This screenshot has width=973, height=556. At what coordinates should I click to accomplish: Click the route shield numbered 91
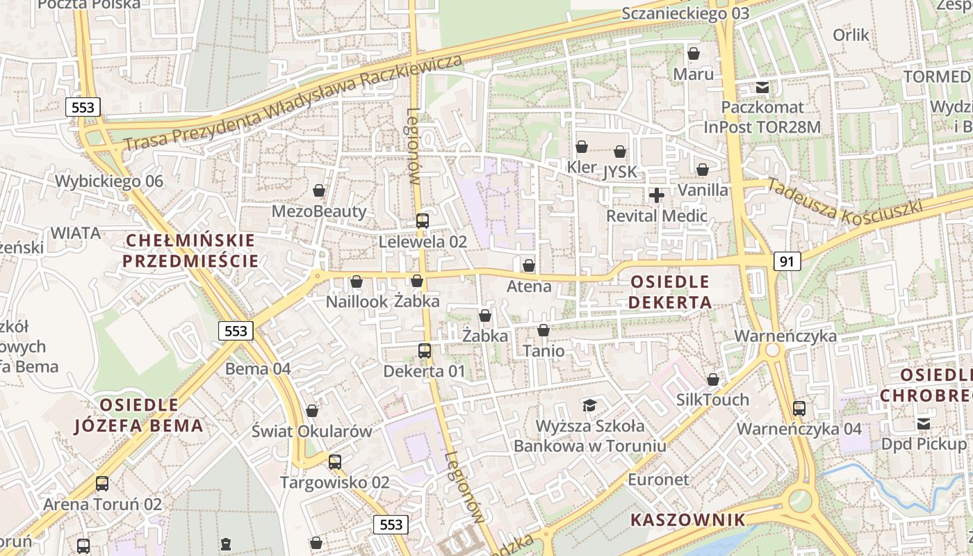click(787, 261)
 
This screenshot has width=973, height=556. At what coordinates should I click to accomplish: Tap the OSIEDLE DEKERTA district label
click(671, 292)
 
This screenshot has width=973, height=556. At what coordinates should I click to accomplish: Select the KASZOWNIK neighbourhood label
click(688, 520)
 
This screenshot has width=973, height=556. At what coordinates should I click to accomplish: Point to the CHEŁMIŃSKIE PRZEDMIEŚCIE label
click(191, 251)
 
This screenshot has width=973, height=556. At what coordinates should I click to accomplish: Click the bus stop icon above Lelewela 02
click(422, 221)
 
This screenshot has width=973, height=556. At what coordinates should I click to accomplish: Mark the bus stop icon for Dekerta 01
click(425, 351)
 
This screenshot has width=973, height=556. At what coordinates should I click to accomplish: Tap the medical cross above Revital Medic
click(656, 195)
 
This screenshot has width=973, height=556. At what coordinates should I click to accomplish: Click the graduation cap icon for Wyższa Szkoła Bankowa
click(589, 405)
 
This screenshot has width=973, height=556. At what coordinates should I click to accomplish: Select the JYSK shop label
click(620, 171)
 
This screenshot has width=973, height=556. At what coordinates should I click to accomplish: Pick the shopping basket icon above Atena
click(529, 265)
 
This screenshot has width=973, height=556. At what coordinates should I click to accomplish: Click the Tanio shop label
click(543, 350)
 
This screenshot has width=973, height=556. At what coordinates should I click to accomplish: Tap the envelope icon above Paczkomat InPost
click(762, 88)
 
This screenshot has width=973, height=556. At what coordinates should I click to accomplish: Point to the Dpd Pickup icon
click(924, 424)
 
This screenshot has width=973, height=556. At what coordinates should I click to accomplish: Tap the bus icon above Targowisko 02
click(335, 461)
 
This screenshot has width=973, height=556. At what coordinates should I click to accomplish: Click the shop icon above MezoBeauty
click(319, 190)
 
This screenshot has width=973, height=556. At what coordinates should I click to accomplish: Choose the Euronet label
click(658, 480)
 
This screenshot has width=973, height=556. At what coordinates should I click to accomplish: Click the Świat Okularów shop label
click(312, 431)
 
